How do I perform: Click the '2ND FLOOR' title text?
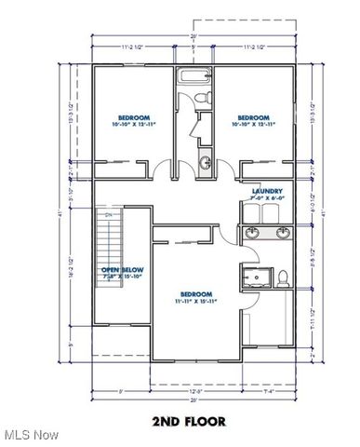tap(190, 422)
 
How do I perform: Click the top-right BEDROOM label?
tap(252, 118)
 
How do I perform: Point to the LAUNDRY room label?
tap(267, 192)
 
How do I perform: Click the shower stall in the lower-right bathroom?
tap(255, 278)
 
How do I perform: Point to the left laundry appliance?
tap(251, 212)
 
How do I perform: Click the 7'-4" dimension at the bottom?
tap(268, 392)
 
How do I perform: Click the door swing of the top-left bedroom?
tap(163, 170)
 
